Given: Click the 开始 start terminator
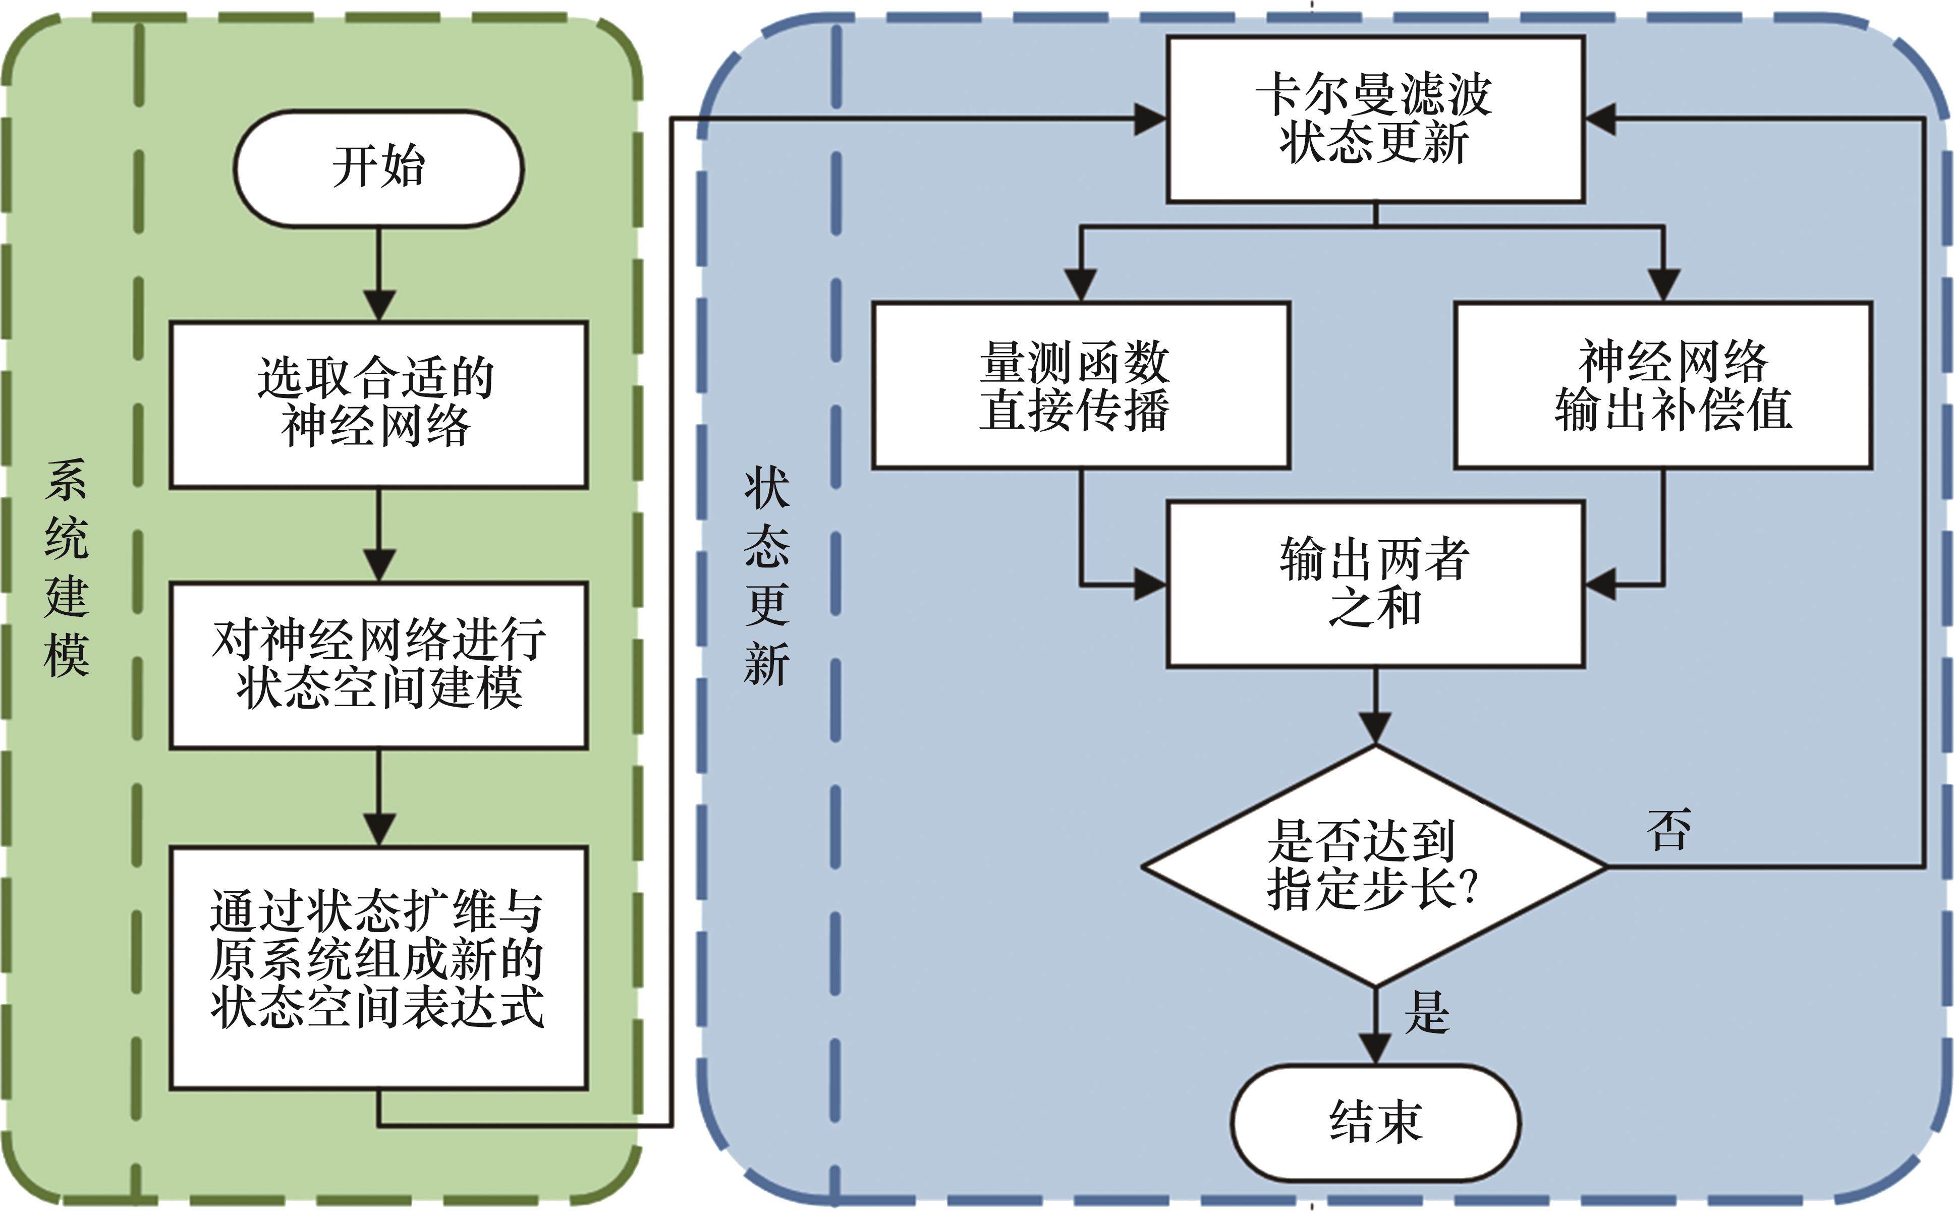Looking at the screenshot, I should (x=378, y=168).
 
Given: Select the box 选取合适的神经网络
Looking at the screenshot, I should (x=378, y=405).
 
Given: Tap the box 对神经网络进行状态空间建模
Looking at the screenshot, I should (x=378, y=665).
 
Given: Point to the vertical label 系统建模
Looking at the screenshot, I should (x=67, y=568).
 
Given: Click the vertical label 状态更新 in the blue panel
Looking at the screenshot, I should (x=767, y=576).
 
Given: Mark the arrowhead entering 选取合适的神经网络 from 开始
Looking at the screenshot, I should (x=379, y=307).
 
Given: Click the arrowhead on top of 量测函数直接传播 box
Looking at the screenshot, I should (x=1080, y=286).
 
